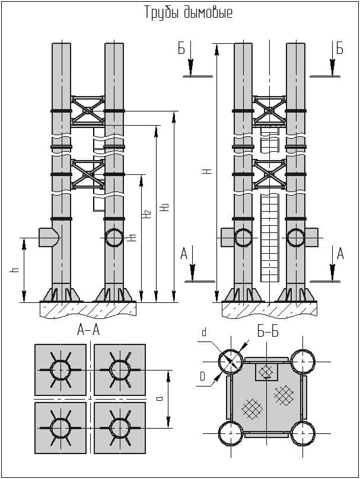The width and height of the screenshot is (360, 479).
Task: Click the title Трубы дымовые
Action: point(188,13)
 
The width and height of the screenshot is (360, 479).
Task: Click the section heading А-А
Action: point(88,330)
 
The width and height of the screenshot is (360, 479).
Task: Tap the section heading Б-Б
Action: point(268,332)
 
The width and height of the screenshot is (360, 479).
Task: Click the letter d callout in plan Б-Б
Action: point(205,333)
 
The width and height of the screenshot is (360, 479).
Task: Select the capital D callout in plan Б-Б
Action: point(203,376)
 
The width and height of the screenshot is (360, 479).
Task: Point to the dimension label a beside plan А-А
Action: point(160,399)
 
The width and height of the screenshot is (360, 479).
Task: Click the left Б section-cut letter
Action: point(181,49)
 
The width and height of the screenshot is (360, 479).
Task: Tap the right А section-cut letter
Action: point(340,254)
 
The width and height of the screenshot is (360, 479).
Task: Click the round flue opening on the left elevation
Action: point(114,238)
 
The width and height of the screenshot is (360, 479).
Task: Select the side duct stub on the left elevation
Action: point(47,237)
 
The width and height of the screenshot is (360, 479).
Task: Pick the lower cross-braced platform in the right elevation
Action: point(270,175)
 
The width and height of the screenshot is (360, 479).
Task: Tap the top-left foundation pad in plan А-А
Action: point(60,369)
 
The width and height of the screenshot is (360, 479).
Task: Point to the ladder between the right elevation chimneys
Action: point(270,237)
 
